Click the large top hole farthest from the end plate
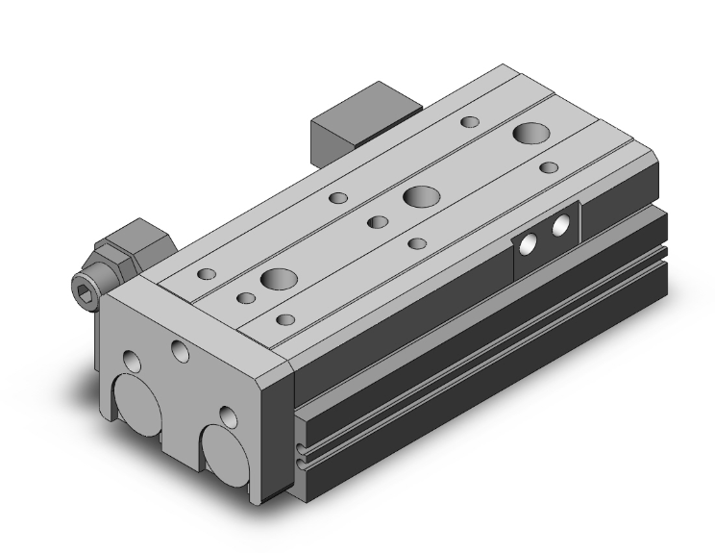tap(529, 132)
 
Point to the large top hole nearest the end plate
tap(279, 280)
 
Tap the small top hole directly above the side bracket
tap(549, 167)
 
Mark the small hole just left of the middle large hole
tap(379, 221)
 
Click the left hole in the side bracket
tap(527, 245)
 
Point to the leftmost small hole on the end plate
tap(134, 363)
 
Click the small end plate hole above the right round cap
tap(228, 416)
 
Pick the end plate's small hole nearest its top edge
tap(179, 348)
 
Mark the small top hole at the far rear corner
tap(470, 121)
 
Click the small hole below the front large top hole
tap(284, 318)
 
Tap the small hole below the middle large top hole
tap(416, 243)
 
